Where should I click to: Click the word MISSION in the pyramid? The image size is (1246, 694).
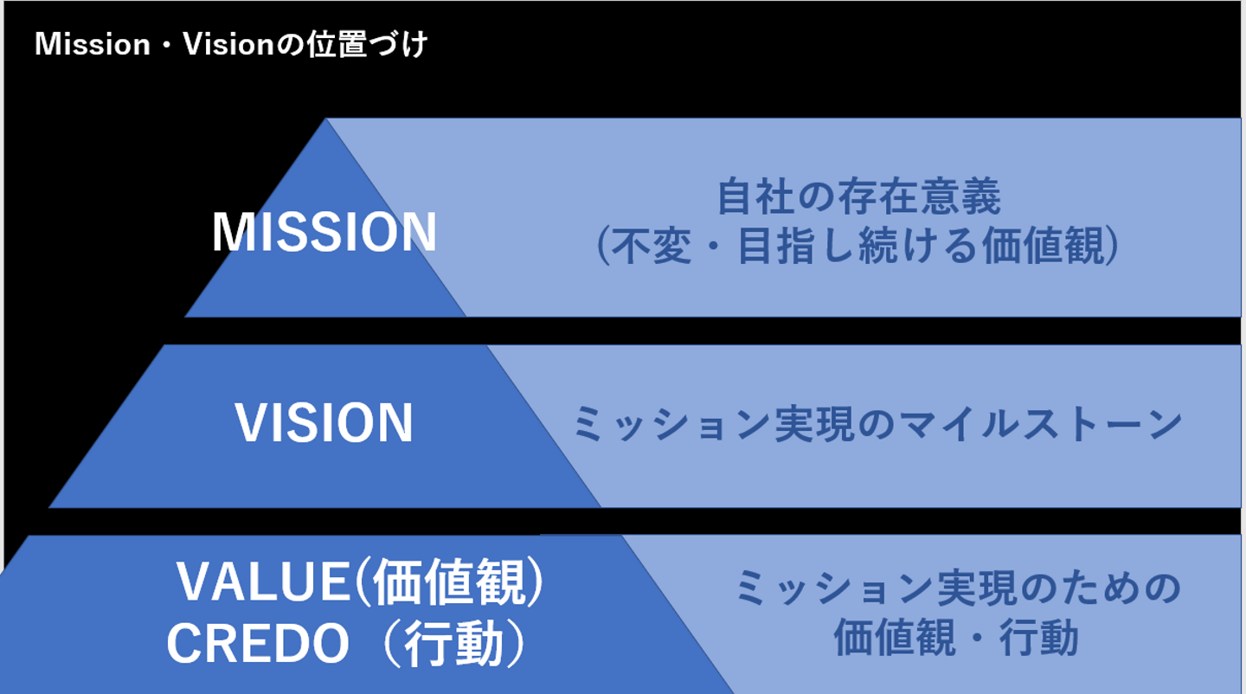324,233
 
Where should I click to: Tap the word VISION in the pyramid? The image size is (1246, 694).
324,423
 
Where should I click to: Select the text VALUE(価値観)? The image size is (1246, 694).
361,585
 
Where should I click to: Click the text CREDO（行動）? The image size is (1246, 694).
347,645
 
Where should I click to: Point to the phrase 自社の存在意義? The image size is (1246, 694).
859,198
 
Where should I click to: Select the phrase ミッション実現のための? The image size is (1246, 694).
958,589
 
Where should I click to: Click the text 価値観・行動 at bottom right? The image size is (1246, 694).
956,639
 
